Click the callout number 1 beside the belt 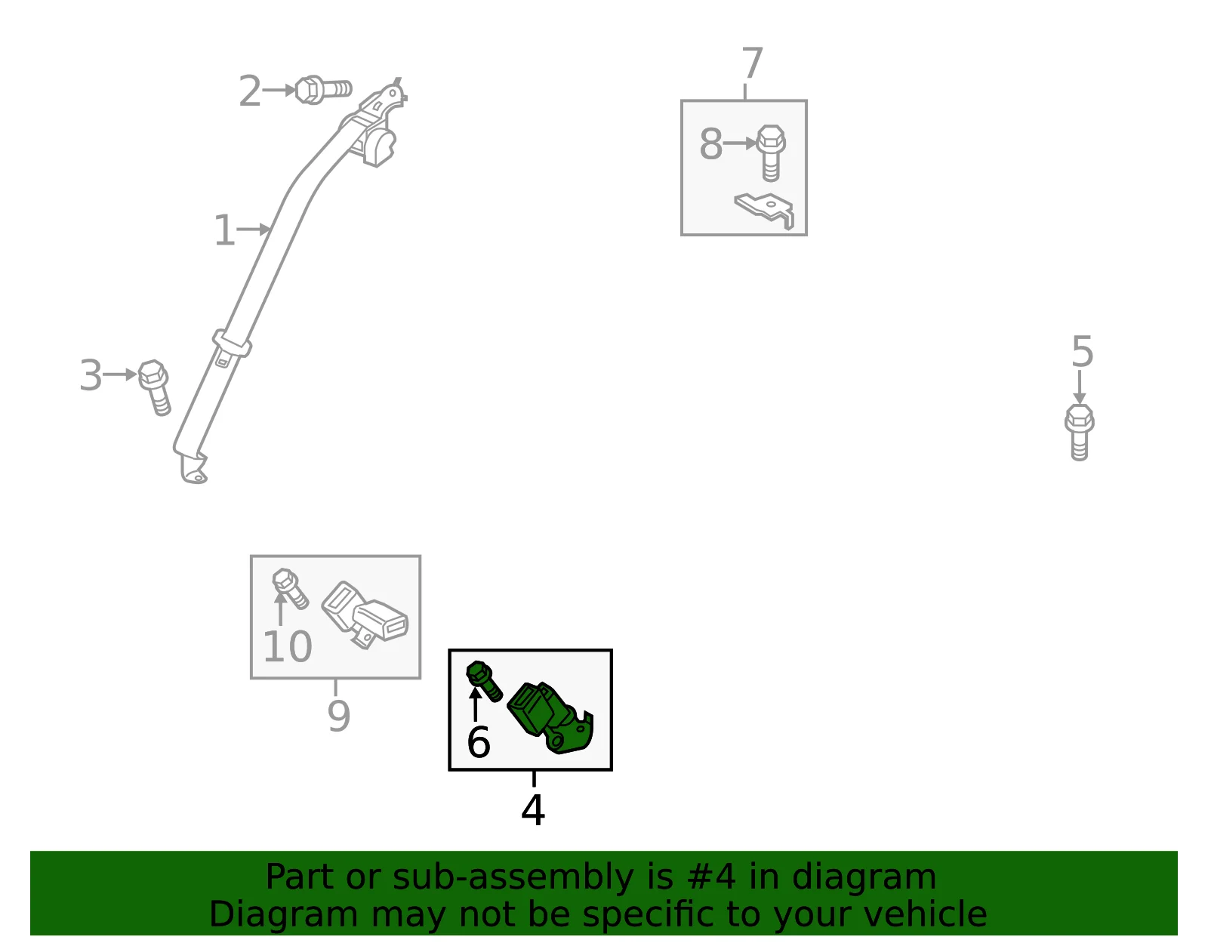[224, 230]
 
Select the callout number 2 [250, 91]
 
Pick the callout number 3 [91, 375]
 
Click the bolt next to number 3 [155, 387]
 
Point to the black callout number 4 [532, 810]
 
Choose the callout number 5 [1082, 352]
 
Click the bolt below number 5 [1079, 433]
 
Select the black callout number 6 [479, 742]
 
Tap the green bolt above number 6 [484, 681]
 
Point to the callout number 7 [752, 63]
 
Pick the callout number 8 [710, 144]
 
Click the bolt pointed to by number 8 [771, 153]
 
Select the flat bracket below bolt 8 [764, 210]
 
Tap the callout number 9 [338, 716]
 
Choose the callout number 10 [287, 647]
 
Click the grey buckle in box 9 [365, 615]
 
